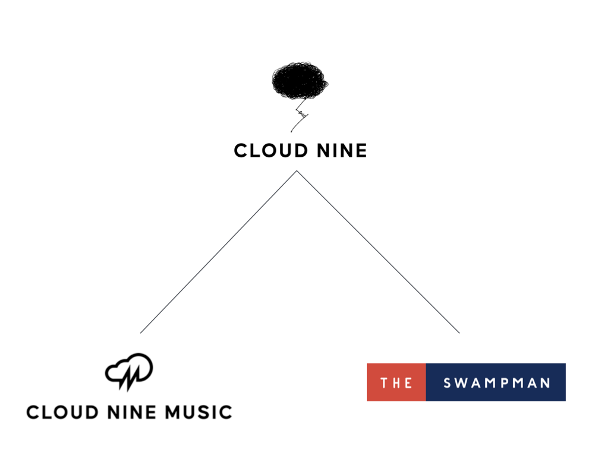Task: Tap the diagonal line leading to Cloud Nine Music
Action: (x=219, y=252)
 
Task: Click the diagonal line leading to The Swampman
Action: (x=378, y=252)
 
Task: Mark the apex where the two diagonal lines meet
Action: (x=297, y=171)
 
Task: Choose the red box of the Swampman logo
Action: (x=396, y=382)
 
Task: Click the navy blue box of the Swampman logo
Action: (x=496, y=382)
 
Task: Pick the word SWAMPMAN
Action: (x=497, y=383)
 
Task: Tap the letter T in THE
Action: (x=384, y=383)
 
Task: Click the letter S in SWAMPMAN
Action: (x=448, y=383)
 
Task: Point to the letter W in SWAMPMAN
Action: (x=461, y=383)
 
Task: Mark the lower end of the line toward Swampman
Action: (x=459, y=332)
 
